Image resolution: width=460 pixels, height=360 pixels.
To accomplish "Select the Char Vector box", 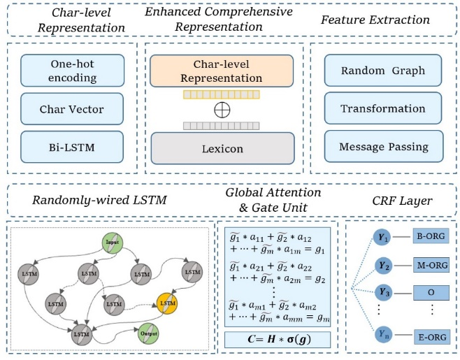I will pyautogui.click(x=72, y=109).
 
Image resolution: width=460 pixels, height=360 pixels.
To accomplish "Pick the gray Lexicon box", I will pyautogui.click(x=221, y=147).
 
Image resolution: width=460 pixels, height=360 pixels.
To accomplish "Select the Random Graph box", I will pyautogui.click(x=382, y=72).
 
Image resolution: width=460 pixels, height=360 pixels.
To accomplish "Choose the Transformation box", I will pyautogui.click(x=382, y=108).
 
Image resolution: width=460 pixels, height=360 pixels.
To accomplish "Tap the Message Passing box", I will pyautogui.click(x=382, y=146).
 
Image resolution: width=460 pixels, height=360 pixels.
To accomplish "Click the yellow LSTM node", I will pyautogui.click(x=166, y=303).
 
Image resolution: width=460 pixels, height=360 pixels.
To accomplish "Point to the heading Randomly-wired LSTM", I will pyautogui.click(x=90, y=201).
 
